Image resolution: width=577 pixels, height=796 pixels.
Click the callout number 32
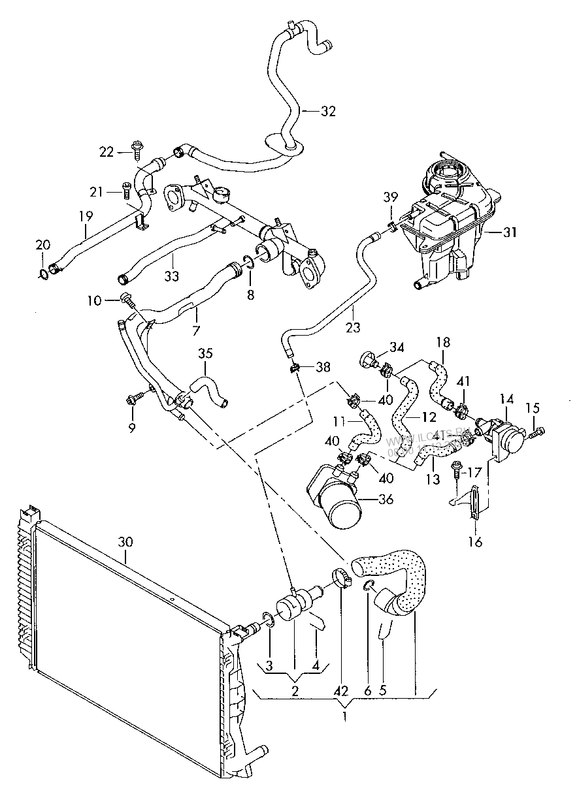[x=328, y=111]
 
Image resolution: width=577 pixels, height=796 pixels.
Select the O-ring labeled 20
[x=44, y=272]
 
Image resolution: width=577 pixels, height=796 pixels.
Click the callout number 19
[x=86, y=215]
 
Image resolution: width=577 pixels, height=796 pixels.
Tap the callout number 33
[x=171, y=276]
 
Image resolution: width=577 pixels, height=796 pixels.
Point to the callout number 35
[x=206, y=355]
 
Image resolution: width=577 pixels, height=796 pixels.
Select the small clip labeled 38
[x=294, y=368]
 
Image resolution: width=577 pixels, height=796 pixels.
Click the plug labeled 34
[x=368, y=360]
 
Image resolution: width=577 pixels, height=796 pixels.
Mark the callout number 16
[x=476, y=541]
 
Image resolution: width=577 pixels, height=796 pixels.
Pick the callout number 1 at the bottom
[x=344, y=716]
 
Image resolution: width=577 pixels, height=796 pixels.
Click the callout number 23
[x=353, y=327]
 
